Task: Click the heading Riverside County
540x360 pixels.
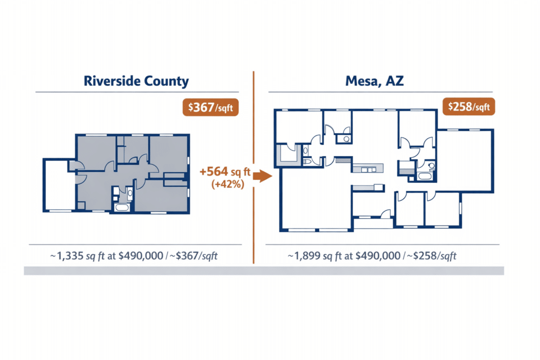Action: (x=136, y=81)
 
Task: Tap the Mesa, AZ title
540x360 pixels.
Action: (x=375, y=81)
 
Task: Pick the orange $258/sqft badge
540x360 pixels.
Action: (x=469, y=107)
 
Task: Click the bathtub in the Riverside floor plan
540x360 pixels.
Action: (x=121, y=207)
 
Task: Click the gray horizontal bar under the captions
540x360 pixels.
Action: (x=264, y=270)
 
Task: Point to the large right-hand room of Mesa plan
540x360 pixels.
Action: (x=466, y=160)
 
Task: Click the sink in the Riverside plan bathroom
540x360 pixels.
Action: (x=129, y=193)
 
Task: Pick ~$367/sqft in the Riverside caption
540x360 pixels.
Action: (x=195, y=256)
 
